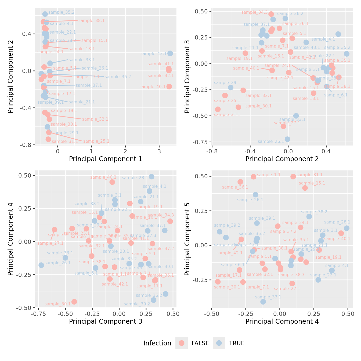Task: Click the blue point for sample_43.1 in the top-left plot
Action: coord(170,53)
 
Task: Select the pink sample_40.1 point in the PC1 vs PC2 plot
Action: coord(169,86)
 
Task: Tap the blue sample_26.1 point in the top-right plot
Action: coord(287,139)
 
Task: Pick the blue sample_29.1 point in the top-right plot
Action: coord(230,88)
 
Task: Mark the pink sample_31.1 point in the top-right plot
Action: coord(218,109)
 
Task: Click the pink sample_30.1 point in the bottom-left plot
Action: coord(74,302)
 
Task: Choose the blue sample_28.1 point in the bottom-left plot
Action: coord(151,177)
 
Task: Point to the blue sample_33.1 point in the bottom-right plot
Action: coord(263,302)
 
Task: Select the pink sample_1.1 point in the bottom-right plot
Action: coord(254,177)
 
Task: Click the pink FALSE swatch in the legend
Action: coord(182,343)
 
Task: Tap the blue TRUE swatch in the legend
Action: coord(219,343)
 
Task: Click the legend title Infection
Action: coord(157,343)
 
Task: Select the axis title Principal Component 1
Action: coord(106,159)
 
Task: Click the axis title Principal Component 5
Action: coord(187,239)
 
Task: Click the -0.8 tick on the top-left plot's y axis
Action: coord(27,145)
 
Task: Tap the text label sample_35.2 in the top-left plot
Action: coord(61,12)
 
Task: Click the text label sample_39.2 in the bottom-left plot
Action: coord(137,304)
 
